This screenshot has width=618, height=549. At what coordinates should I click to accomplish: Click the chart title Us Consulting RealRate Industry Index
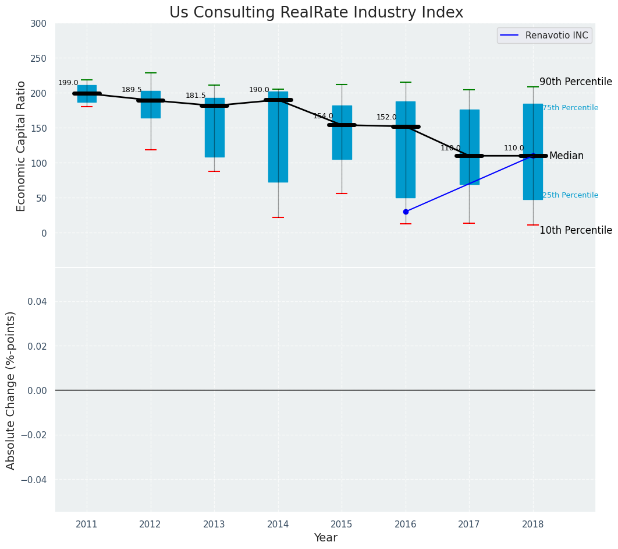[x=316, y=13]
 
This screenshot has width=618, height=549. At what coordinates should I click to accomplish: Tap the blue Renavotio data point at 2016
[x=406, y=212]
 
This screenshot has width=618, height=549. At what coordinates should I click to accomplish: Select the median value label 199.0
[x=68, y=83]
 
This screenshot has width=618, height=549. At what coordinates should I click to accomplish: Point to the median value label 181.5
[x=196, y=96]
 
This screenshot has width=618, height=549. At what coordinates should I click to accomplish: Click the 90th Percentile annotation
[x=575, y=82]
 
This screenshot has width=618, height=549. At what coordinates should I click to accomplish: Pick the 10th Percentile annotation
[x=575, y=231]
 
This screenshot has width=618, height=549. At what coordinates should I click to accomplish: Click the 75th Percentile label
[x=570, y=108]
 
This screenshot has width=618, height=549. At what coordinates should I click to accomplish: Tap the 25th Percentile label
[x=570, y=195]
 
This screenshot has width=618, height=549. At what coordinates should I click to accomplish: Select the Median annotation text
[x=566, y=156]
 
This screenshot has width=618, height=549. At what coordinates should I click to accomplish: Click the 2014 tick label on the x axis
[x=278, y=525]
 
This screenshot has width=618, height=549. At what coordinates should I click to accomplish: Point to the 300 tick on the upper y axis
[x=39, y=23]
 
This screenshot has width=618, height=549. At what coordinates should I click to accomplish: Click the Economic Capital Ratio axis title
[x=22, y=146]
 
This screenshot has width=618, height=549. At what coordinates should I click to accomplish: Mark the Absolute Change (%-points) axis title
[x=11, y=390]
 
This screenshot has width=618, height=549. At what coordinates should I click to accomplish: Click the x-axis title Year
[x=325, y=538]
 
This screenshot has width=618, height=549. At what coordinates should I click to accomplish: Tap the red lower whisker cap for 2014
[x=278, y=217]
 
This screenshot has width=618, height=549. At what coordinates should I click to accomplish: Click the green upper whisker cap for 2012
[x=151, y=73]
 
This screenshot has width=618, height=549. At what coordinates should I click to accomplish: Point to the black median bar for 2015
[x=342, y=125]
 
